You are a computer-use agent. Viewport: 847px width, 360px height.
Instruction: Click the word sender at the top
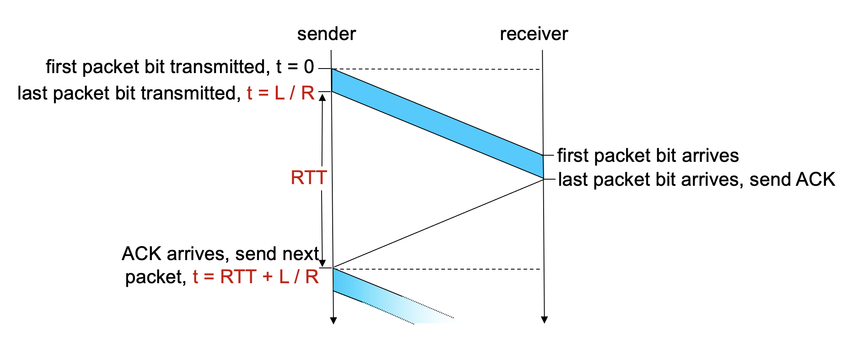click(x=326, y=34)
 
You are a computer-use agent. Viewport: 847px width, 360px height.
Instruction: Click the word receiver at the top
click(x=534, y=34)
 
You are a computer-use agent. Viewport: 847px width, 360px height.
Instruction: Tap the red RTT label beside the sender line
click(x=309, y=178)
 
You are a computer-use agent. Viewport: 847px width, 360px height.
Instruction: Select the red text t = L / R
click(x=281, y=93)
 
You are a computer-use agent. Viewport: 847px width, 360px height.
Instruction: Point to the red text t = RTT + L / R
click(x=256, y=277)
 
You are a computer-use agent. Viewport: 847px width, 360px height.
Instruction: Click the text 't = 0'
click(x=295, y=67)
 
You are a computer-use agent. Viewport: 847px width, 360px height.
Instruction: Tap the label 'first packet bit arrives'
click(x=648, y=156)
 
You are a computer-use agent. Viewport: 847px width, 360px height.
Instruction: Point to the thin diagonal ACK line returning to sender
click(x=438, y=223)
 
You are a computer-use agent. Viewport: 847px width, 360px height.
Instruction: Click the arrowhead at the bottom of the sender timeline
click(x=334, y=320)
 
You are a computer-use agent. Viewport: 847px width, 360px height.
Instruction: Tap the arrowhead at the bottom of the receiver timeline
click(x=544, y=320)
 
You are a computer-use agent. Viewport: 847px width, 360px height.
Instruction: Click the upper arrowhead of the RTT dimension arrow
click(x=322, y=97)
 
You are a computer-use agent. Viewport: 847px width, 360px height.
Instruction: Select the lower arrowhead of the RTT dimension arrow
click(x=323, y=263)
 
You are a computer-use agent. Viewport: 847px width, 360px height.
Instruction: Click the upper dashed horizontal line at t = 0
click(x=438, y=69)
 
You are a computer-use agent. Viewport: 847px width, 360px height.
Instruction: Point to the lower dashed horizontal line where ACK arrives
click(x=438, y=269)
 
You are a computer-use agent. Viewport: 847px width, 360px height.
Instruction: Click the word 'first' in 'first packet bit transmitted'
click(x=61, y=67)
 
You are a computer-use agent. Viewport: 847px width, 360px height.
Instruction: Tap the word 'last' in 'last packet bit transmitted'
click(x=33, y=93)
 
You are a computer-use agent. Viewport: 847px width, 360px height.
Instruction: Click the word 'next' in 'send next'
click(x=300, y=254)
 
